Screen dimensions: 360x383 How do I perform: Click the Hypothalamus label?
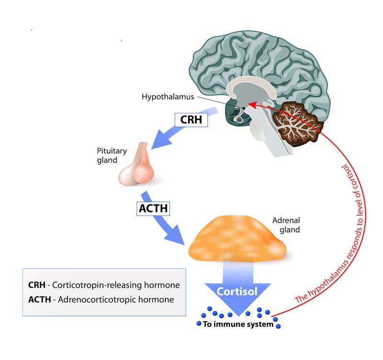(x=167, y=97)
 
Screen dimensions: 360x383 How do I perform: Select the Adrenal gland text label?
(x=286, y=225)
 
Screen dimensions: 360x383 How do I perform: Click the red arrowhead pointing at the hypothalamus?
(x=252, y=103)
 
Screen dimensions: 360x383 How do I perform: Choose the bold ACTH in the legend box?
(x=39, y=300)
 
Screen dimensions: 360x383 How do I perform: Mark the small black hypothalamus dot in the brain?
(x=243, y=107)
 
